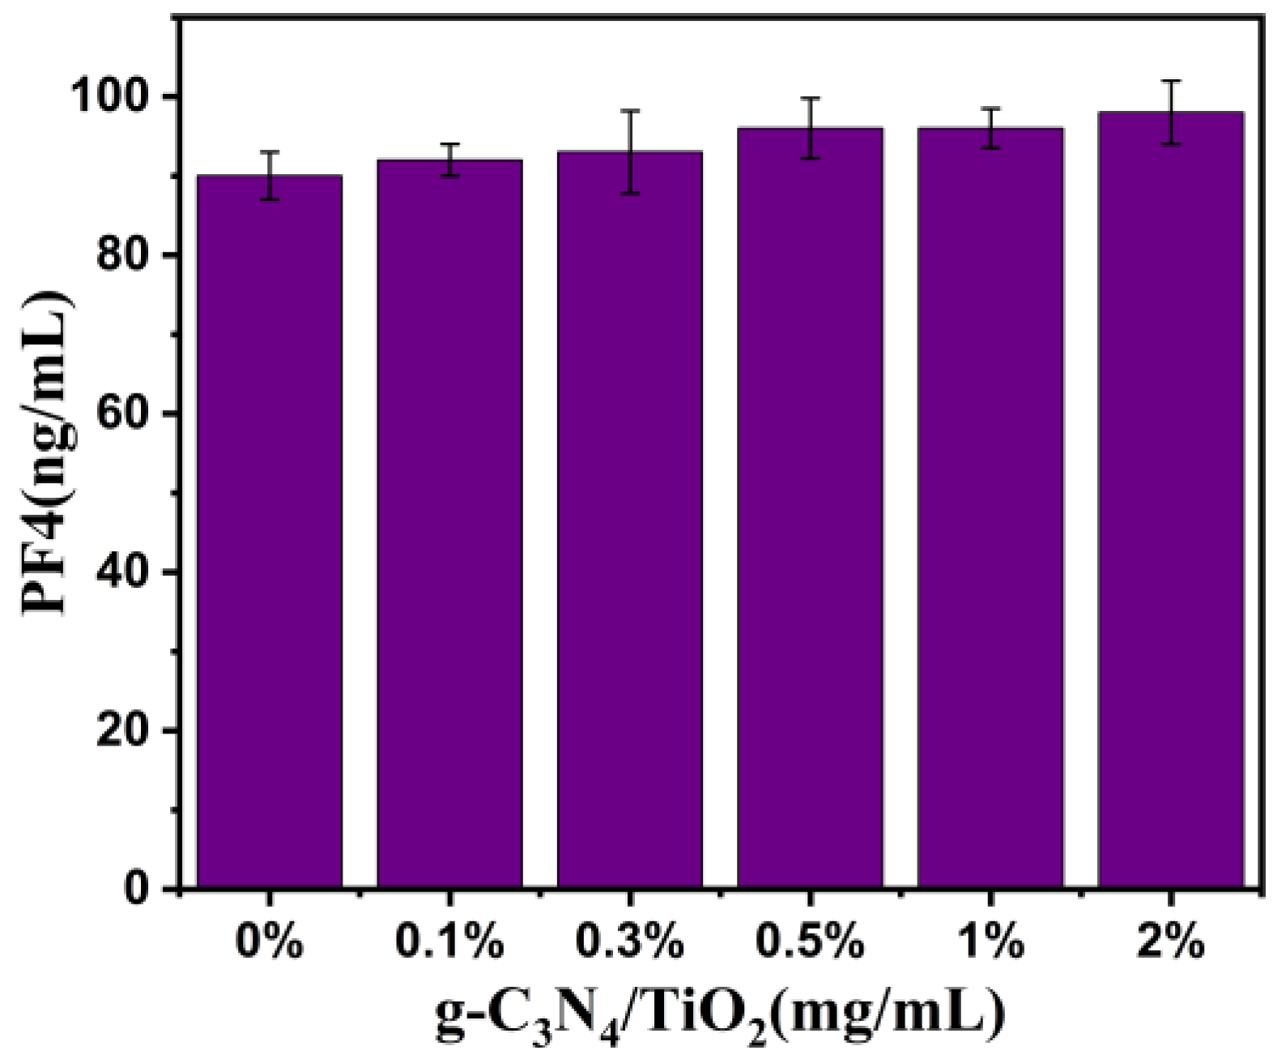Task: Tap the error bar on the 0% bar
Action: coord(269,175)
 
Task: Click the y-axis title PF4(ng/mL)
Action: coord(49,453)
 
